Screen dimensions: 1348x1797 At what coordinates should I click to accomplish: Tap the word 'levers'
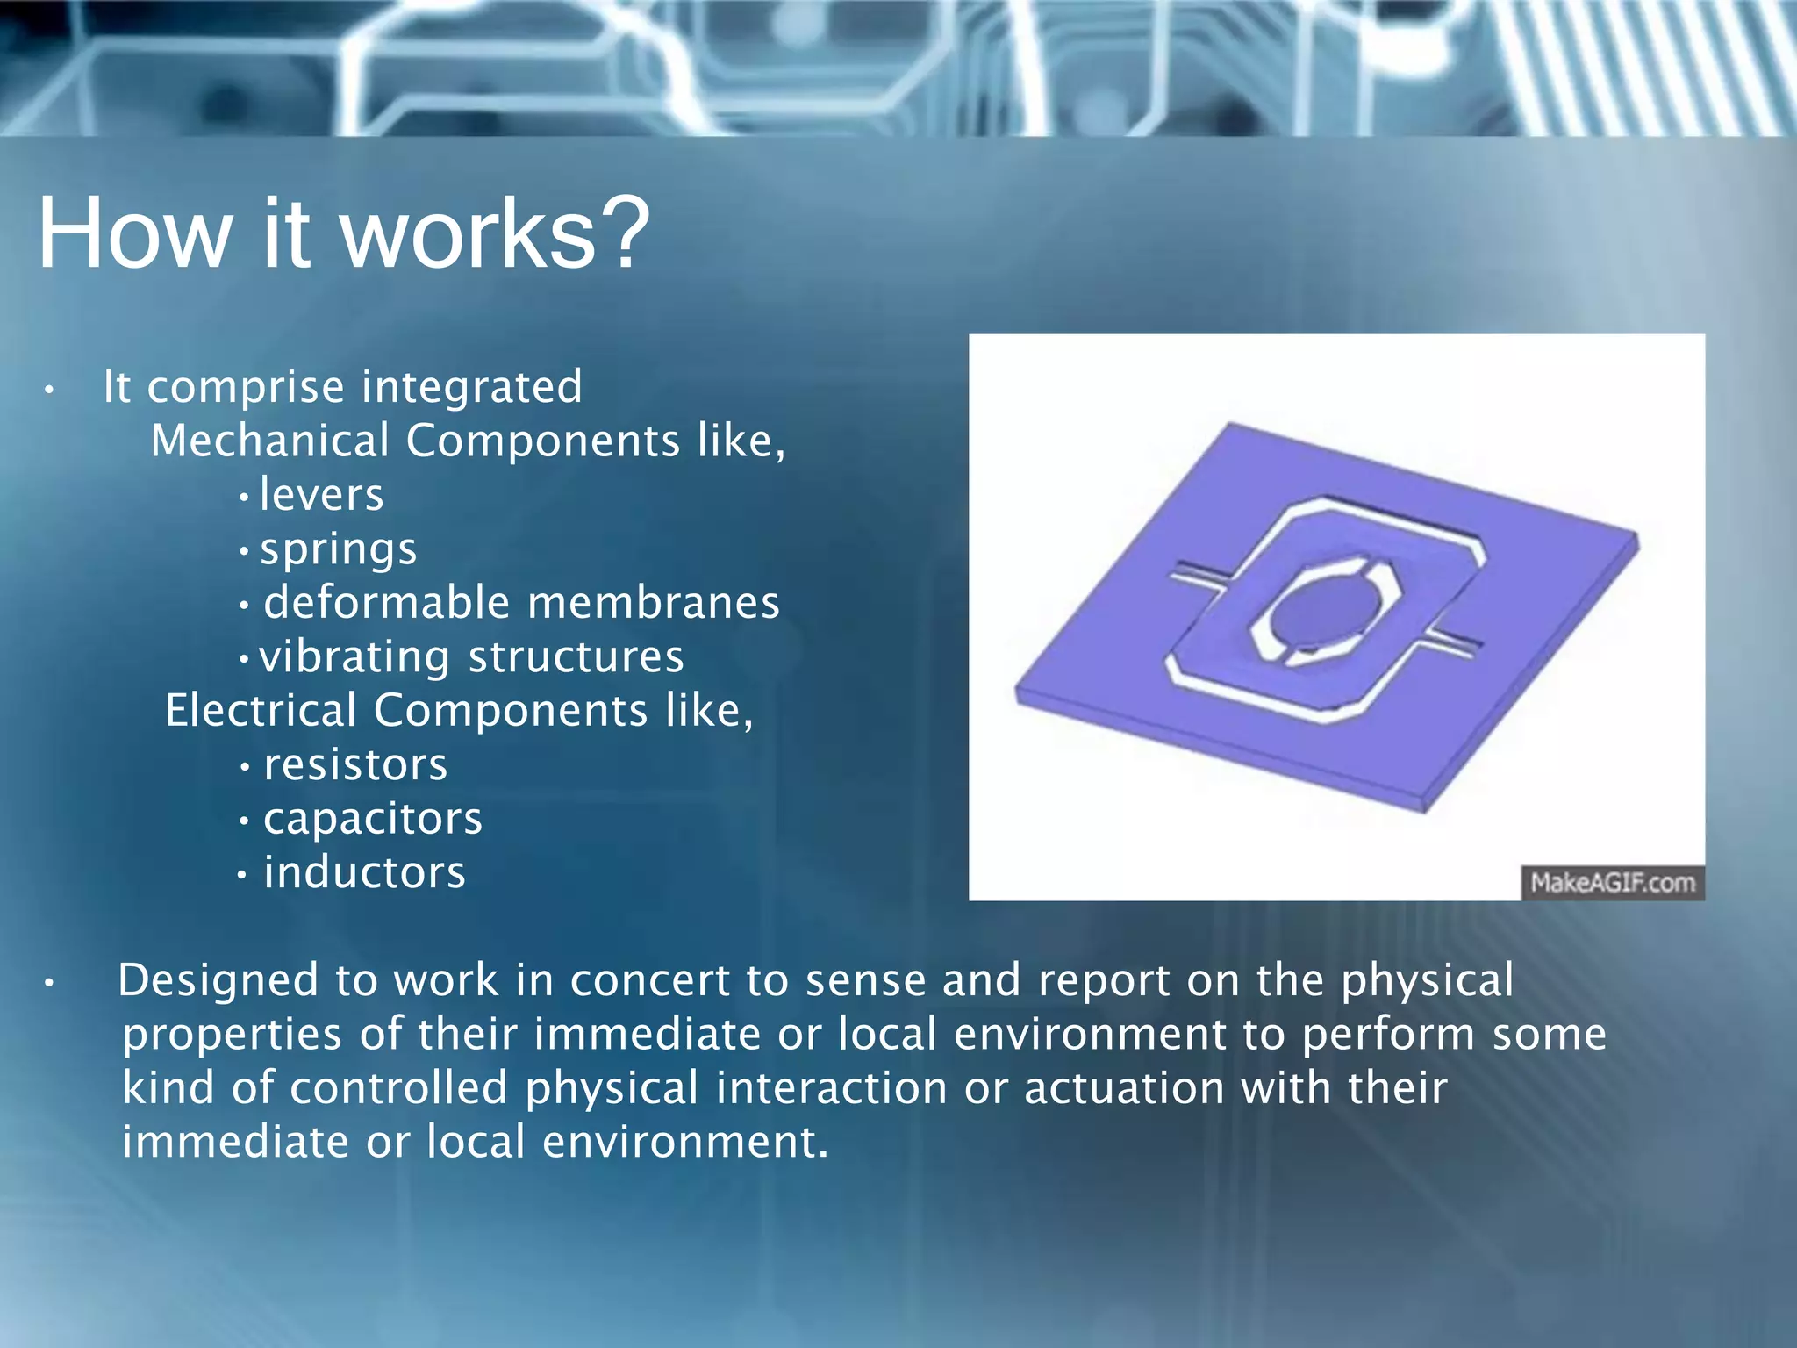[x=321, y=495]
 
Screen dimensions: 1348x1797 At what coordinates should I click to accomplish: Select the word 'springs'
[x=339, y=551]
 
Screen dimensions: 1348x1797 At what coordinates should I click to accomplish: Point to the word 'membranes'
[x=654, y=604]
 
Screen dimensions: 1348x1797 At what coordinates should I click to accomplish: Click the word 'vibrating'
[x=354, y=658]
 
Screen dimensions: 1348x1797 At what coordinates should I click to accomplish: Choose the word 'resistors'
[x=355, y=764]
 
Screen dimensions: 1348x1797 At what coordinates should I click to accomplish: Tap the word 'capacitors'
[x=373, y=820]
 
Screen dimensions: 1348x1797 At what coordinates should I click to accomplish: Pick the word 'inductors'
[x=364, y=873]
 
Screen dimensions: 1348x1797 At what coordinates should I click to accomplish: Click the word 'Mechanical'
[x=269, y=441]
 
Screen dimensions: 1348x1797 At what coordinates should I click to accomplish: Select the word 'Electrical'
[x=261, y=711]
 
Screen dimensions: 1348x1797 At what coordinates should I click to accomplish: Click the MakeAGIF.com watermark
[x=1612, y=883]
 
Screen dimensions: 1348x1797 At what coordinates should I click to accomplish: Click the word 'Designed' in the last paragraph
[x=217, y=981]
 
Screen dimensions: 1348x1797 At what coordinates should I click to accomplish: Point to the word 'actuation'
[x=1124, y=1089]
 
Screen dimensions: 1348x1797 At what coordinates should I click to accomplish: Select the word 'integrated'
[x=472, y=387]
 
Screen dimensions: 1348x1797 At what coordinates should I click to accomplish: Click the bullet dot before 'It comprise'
[x=50, y=390]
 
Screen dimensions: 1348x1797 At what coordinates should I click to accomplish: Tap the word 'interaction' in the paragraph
[x=831, y=1089]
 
